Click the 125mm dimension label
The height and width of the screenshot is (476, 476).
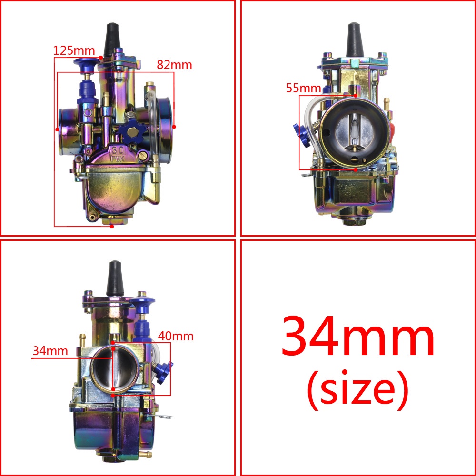tap(74, 50)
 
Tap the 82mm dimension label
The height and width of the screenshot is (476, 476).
tap(174, 65)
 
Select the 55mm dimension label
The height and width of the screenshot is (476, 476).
tap(303, 88)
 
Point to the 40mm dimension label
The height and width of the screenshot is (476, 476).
tap(176, 336)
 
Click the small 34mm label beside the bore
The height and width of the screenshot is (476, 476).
tap(50, 351)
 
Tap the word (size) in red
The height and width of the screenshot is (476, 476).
tap(357, 390)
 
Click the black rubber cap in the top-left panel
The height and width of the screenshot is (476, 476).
tap(112, 40)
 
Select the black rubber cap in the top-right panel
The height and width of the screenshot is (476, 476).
tap(355, 40)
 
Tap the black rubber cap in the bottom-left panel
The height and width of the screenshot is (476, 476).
tap(115, 278)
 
